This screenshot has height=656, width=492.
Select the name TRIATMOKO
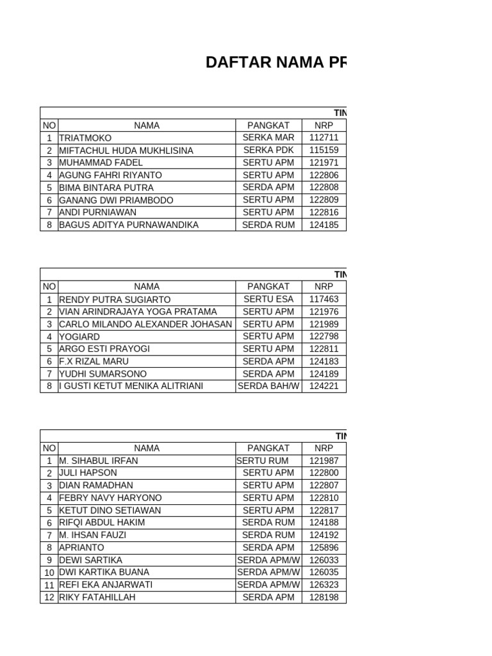pyautogui.click(x=85, y=138)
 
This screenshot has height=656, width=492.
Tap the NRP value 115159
pyautogui.click(x=324, y=150)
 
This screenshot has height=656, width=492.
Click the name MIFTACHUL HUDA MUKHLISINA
pyautogui.click(x=126, y=150)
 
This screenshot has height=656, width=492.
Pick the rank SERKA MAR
pyautogui.click(x=268, y=138)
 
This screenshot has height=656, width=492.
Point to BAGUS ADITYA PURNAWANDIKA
pyautogui.click(x=129, y=225)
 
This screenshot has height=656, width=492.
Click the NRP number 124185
pyautogui.click(x=324, y=225)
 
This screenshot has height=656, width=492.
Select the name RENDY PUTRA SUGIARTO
pyautogui.click(x=115, y=299)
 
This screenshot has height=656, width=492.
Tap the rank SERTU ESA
pyautogui.click(x=268, y=299)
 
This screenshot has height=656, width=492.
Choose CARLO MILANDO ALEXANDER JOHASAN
pyautogui.click(x=145, y=324)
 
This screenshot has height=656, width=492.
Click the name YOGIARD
pyautogui.click(x=79, y=336)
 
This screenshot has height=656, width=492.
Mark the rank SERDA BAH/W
pyautogui.click(x=268, y=386)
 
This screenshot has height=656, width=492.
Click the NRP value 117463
pyautogui.click(x=324, y=299)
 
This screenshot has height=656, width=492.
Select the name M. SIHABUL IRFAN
pyautogui.click(x=98, y=461)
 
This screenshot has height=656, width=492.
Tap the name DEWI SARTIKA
pyautogui.click(x=90, y=560)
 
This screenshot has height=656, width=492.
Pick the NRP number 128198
pyautogui.click(x=324, y=597)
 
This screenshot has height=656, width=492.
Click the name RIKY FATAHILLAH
pyautogui.click(x=97, y=597)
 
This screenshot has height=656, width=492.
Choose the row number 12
pyautogui.click(x=49, y=597)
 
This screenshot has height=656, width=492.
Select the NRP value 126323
pyautogui.click(x=324, y=585)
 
